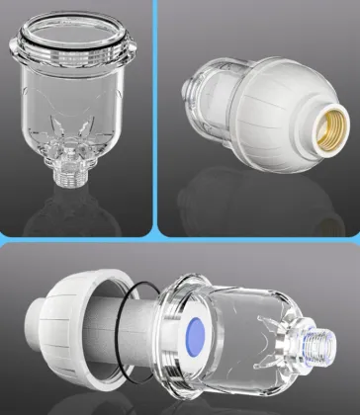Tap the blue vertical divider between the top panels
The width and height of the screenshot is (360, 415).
(156, 119)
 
